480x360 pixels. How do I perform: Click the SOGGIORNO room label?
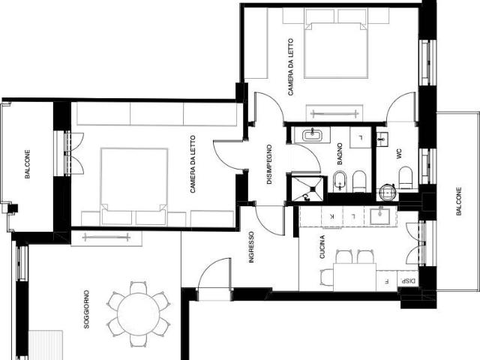[87, 309]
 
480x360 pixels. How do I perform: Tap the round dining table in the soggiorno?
[139, 314]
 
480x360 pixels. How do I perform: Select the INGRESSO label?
[251, 247]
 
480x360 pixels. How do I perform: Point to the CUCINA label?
[322, 247]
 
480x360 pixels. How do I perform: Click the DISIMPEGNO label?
[269, 164]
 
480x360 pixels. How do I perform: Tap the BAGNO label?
[340, 154]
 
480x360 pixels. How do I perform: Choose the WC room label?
[398, 154]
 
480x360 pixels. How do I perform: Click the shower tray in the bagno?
[307, 189]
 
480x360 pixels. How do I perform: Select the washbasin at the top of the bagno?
[312, 135]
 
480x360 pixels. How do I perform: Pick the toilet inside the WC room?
[406, 178]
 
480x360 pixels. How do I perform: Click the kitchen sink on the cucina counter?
[379, 216]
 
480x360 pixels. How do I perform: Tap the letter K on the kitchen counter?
[332, 217]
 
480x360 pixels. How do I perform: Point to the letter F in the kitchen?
[386, 281]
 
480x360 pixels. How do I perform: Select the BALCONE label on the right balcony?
[458, 202]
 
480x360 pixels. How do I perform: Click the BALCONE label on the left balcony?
[27, 163]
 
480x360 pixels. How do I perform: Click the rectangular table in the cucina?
[355, 277]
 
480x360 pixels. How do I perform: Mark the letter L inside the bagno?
[361, 138]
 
